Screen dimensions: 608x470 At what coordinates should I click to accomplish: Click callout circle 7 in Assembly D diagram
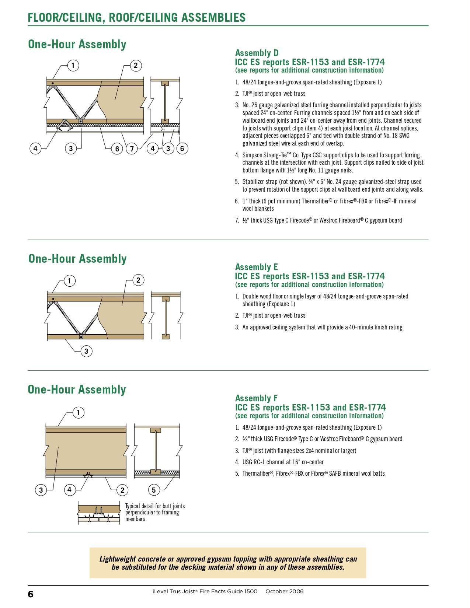(132, 149)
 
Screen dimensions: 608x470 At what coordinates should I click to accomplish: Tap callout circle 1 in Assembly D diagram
(73, 66)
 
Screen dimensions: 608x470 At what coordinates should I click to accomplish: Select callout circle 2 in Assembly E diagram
(138, 280)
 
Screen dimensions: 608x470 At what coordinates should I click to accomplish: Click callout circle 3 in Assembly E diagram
(86, 351)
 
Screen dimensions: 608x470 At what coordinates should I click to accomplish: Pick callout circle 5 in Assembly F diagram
(154, 490)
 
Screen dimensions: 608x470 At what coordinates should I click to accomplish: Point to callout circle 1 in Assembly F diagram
(78, 412)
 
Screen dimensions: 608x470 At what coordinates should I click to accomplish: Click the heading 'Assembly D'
(257, 53)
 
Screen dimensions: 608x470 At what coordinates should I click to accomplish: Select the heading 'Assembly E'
(256, 267)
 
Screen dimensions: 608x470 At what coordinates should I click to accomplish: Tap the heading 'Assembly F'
(256, 398)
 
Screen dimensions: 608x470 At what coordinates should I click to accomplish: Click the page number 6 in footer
(31, 594)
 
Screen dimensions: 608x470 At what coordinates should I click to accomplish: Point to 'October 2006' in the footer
(284, 591)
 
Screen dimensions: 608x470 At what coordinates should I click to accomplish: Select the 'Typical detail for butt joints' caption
(155, 506)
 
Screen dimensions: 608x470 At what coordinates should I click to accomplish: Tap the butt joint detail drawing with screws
(99, 513)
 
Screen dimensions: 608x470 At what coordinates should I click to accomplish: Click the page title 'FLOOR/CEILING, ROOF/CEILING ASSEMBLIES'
(137, 18)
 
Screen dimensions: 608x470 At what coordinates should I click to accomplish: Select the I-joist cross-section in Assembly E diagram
(166, 317)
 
